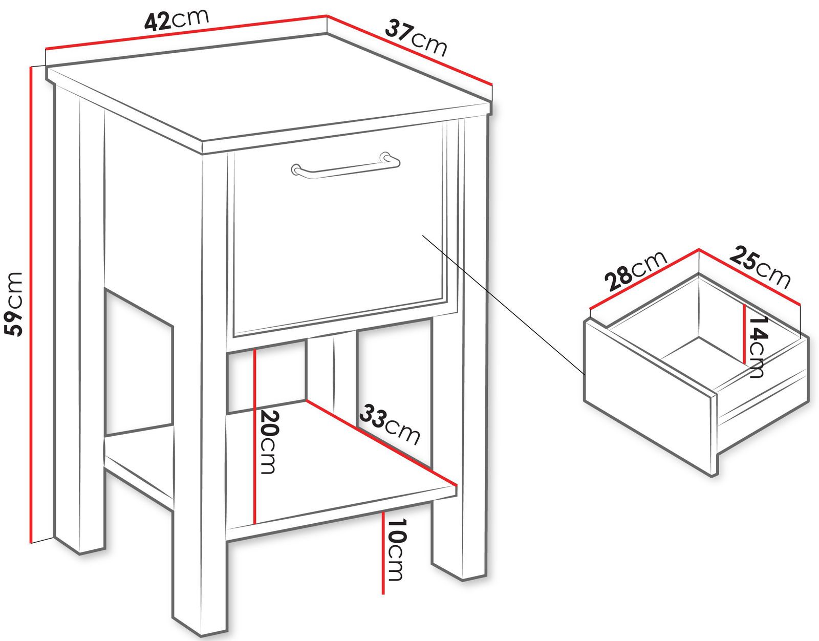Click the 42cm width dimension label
tap(176, 19)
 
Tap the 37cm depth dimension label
tap(416, 38)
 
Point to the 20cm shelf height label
tap(270, 441)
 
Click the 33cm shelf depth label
tap(390, 424)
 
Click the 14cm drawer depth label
tap(759, 346)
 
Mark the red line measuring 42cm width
tap(186, 32)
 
